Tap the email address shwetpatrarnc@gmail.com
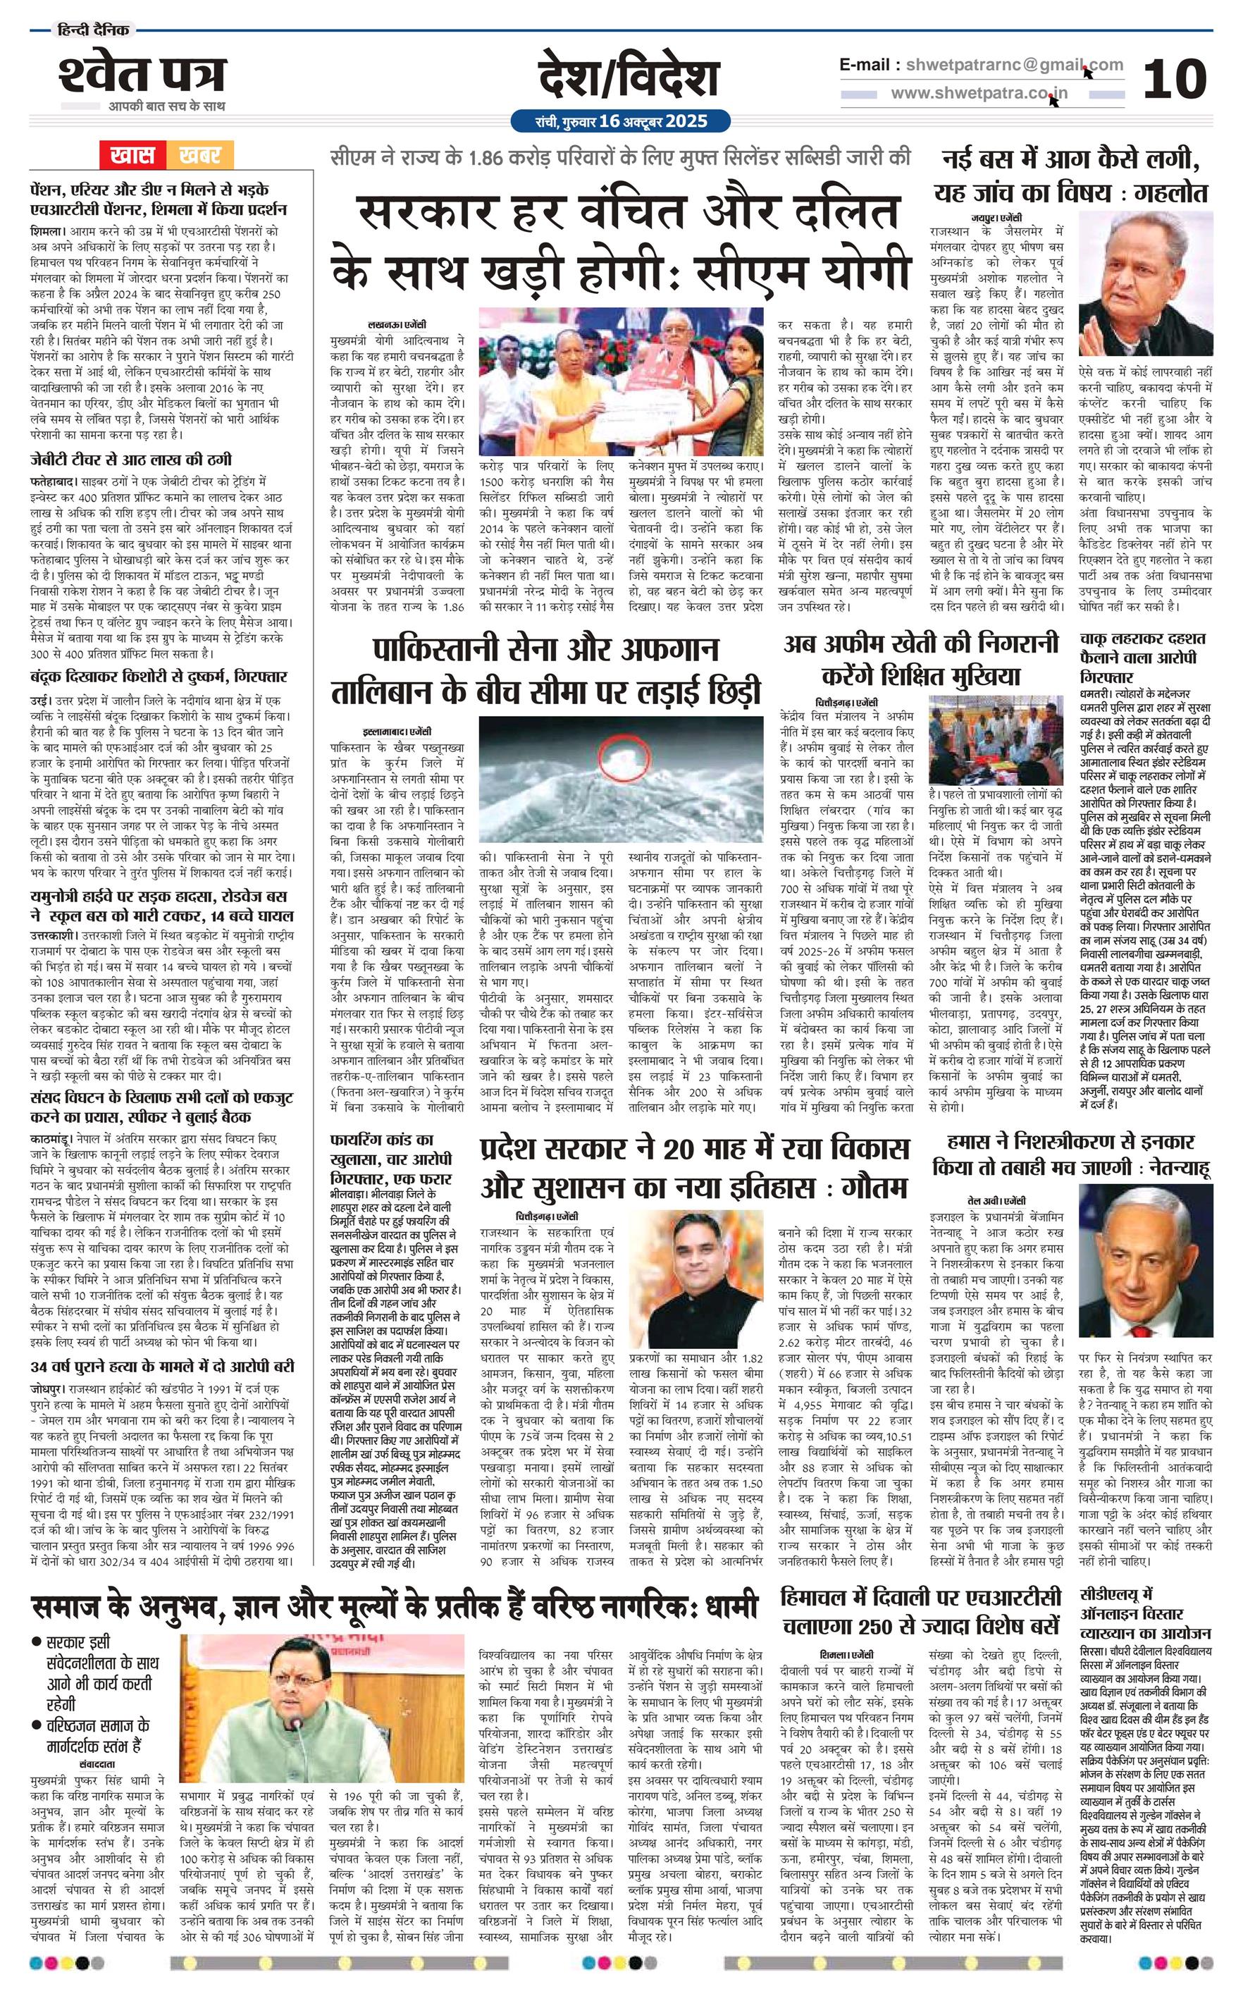(1010, 65)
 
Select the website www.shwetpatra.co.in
(979, 94)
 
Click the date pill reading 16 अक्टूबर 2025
(621, 121)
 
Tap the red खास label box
(133, 154)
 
